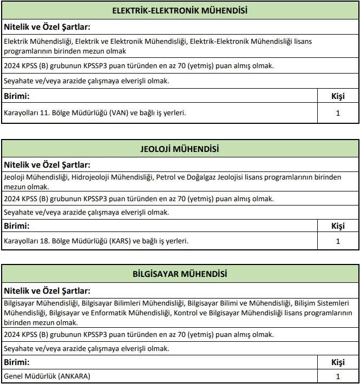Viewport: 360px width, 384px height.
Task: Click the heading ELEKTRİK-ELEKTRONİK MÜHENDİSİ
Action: tap(179, 11)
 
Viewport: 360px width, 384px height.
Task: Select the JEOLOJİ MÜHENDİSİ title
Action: tap(179, 149)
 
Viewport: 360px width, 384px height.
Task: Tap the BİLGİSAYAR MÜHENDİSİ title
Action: tap(179, 274)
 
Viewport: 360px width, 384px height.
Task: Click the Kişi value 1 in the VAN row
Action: tap(338, 114)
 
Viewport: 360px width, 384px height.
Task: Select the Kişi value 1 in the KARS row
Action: tap(338, 241)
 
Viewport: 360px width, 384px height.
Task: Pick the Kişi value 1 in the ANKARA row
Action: tap(338, 376)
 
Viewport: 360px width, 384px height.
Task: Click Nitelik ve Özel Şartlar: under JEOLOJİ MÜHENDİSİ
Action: tap(47, 164)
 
